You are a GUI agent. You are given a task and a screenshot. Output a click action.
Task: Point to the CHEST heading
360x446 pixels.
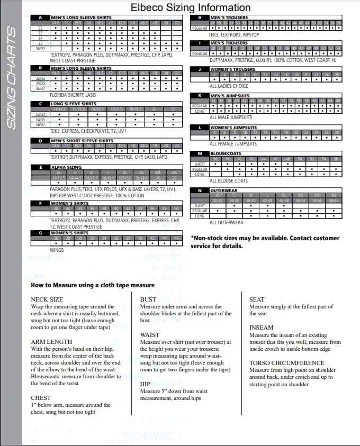point(41,398)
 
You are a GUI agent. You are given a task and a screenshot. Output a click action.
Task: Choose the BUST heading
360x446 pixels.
point(148,299)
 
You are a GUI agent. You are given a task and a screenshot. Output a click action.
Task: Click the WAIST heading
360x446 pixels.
point(150,335)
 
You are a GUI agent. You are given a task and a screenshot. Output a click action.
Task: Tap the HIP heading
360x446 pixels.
point(145,384)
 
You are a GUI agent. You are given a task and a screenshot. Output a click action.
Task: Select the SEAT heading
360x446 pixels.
point(256,299)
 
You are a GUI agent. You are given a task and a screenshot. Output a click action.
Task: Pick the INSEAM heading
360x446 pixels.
point(261,327)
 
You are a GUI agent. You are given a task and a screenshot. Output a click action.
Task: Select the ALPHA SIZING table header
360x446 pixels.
point(62,167)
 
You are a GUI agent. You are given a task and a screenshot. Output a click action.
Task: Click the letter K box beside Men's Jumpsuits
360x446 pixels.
point(200,96)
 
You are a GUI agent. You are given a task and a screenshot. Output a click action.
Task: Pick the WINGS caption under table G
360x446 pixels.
point(57,250)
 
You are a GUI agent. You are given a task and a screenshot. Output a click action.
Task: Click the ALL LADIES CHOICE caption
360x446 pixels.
point(229,86)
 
